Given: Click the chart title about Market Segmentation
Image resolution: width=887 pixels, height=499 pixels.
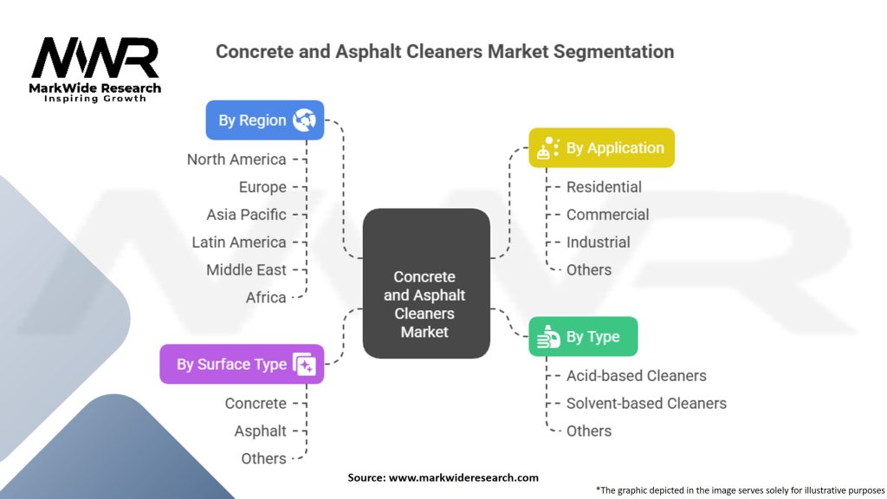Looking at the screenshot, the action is click(444, 51).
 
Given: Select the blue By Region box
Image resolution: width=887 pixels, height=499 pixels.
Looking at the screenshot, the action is click(264, 120).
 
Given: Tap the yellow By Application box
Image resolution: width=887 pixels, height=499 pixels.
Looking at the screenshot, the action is click(601, 148).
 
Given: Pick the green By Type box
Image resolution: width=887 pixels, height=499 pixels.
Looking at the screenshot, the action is click(583, 337).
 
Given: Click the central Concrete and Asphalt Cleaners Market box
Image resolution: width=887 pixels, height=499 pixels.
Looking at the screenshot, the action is click(425, 304).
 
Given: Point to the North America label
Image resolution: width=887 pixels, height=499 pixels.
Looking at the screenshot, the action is click(236, 159).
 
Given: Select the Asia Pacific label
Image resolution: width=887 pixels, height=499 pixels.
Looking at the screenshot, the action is click(246, 215).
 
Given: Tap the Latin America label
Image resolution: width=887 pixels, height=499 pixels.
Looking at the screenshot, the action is click(239, 243).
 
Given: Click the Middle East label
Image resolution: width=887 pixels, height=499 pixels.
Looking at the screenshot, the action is click(246, 270).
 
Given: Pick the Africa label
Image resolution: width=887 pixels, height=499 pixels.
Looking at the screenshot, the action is click(266, 298).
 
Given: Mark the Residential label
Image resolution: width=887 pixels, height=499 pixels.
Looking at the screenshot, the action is click(604, 187).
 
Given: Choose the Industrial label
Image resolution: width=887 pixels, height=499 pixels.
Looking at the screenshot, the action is click(598, 243).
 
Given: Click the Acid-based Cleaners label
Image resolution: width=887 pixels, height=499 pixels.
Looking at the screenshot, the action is click(636, 376).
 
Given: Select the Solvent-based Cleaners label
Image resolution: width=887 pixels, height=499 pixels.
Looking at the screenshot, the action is click(646, 404).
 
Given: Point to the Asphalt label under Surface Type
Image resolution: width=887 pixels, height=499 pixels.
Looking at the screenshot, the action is click(260, 431).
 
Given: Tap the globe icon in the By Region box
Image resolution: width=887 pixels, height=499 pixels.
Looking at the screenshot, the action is click(304, 120).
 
